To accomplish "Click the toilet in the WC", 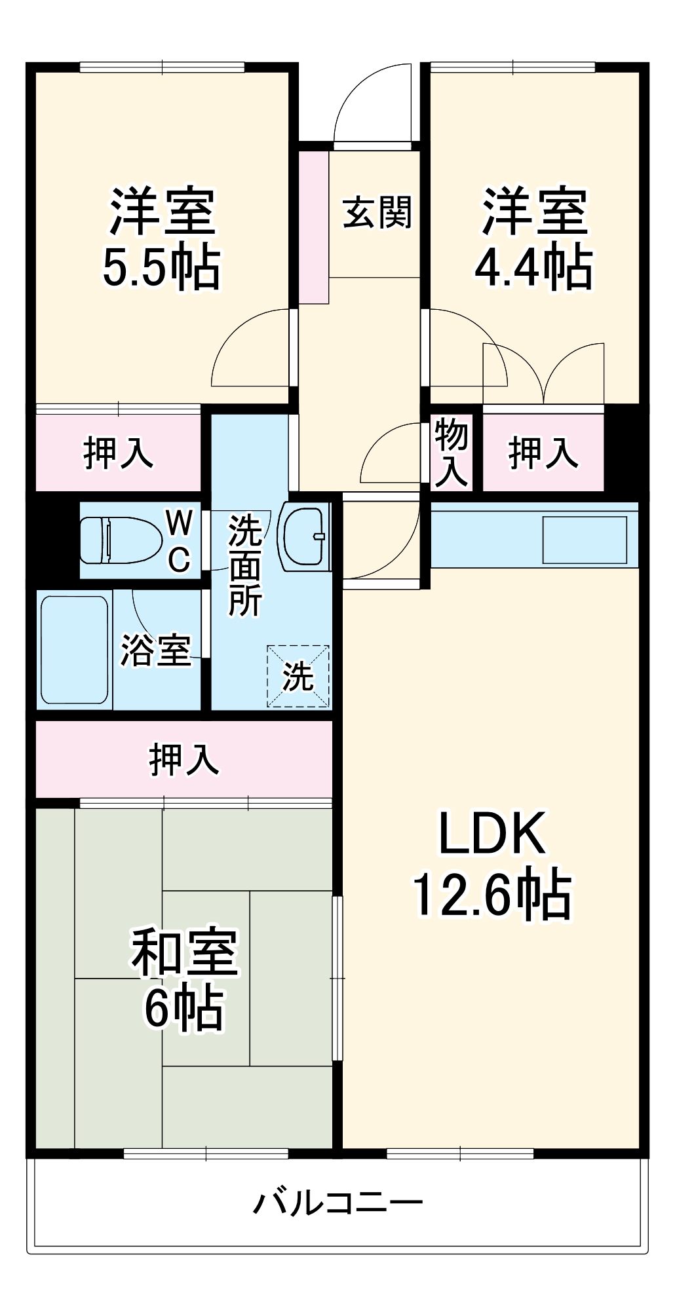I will point(121,540).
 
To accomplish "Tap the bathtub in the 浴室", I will point(74,650).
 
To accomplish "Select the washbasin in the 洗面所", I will point(303,536).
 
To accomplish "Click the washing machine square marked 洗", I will point(298,676).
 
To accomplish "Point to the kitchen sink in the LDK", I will point(585,540).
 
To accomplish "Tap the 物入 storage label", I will point(452,452).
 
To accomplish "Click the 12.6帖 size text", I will point(492,895).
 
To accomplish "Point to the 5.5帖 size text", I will point(161,267).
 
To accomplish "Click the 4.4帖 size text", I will point(533,267).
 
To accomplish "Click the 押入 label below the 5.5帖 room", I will point(118,452).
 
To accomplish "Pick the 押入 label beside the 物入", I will point(543,452).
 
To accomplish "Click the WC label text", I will point(179,541).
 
